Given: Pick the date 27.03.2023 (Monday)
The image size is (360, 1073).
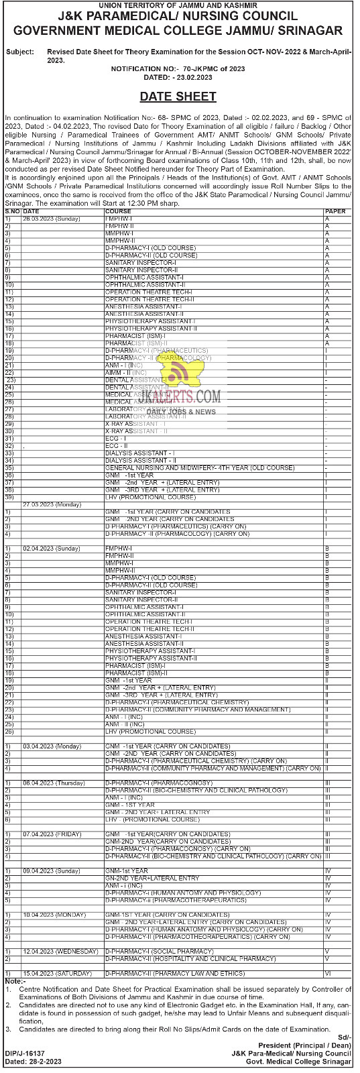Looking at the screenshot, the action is [x=52, y=504].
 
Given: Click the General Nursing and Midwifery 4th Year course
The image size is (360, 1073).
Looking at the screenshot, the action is [x=200, y=467].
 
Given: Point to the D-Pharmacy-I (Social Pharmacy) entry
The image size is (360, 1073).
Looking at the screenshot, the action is [x=159, y=951].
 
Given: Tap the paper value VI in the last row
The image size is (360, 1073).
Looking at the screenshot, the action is [x=328, y=972].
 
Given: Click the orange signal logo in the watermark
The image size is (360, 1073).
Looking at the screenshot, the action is [x=178, y=376].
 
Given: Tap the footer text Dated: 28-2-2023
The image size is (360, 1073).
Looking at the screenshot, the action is [x=30, y=1062].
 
